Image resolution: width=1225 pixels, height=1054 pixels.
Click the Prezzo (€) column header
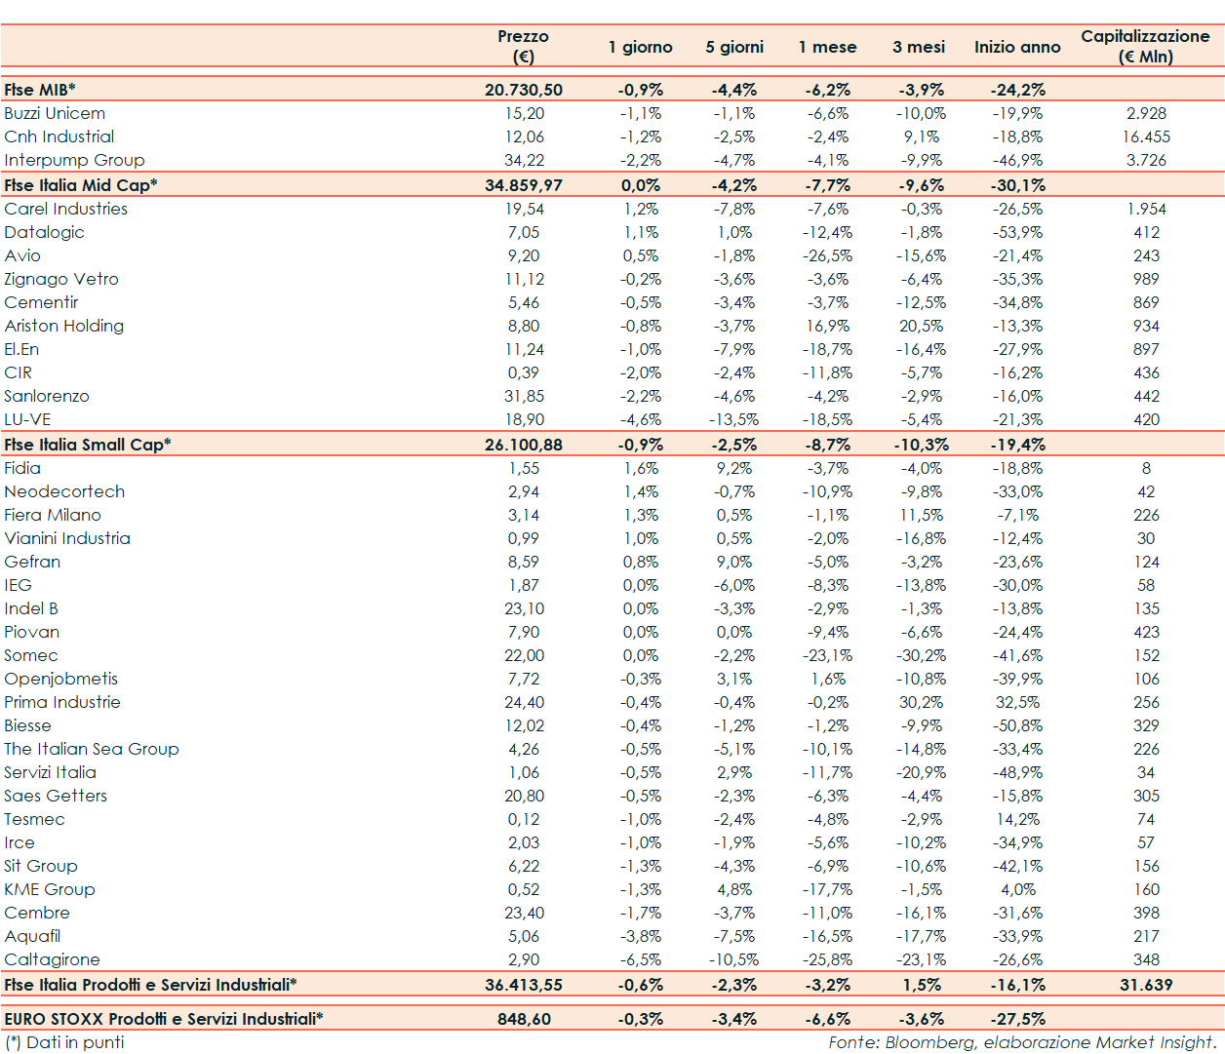coord(524,46)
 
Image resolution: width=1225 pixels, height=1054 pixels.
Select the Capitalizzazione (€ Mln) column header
coord(1145,46)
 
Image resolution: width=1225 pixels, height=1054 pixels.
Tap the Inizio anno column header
coord(1017,47)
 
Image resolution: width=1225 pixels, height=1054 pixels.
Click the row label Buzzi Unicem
coord(55,113)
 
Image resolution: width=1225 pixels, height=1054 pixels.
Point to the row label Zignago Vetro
coord(61,279)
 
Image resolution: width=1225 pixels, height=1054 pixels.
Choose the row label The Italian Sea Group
coord(92,749)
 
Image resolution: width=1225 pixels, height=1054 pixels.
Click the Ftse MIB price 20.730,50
coord(524,90)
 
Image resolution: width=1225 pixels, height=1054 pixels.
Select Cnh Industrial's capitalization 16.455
coord(1146,137)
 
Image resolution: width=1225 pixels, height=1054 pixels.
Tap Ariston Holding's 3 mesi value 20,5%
coord(922,326)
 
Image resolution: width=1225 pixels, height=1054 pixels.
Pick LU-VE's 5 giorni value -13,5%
coord(733,419)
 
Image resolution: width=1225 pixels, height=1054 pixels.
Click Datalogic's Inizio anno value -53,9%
coord(1017,232)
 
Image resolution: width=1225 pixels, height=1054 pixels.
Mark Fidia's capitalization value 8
coord(1146,468)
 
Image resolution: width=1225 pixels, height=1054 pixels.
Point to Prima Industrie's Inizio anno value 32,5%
coord(1017,702)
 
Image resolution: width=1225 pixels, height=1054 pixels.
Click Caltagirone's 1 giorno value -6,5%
coord(641,959)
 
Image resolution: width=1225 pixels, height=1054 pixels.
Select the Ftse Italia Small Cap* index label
coord(88,445)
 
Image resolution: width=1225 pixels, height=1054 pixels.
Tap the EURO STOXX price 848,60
coord(524,1019)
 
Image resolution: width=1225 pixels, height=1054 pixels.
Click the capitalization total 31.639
coord(1146,985)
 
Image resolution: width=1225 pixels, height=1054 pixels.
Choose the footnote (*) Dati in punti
coord(64,1042)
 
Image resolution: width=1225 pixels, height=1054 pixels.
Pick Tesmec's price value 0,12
coord(524,819)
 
